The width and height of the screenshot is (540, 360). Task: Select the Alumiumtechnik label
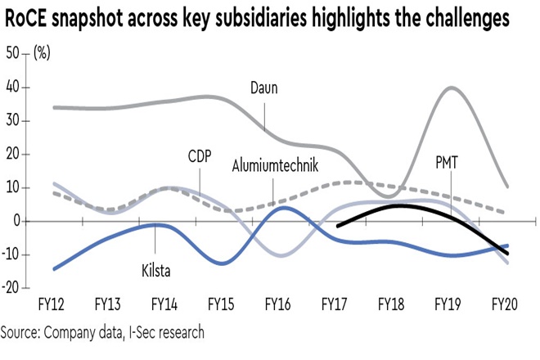274,166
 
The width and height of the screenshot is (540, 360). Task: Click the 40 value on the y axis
13,88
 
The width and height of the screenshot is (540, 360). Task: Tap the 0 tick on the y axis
17,221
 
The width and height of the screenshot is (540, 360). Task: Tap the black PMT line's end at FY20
507,254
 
